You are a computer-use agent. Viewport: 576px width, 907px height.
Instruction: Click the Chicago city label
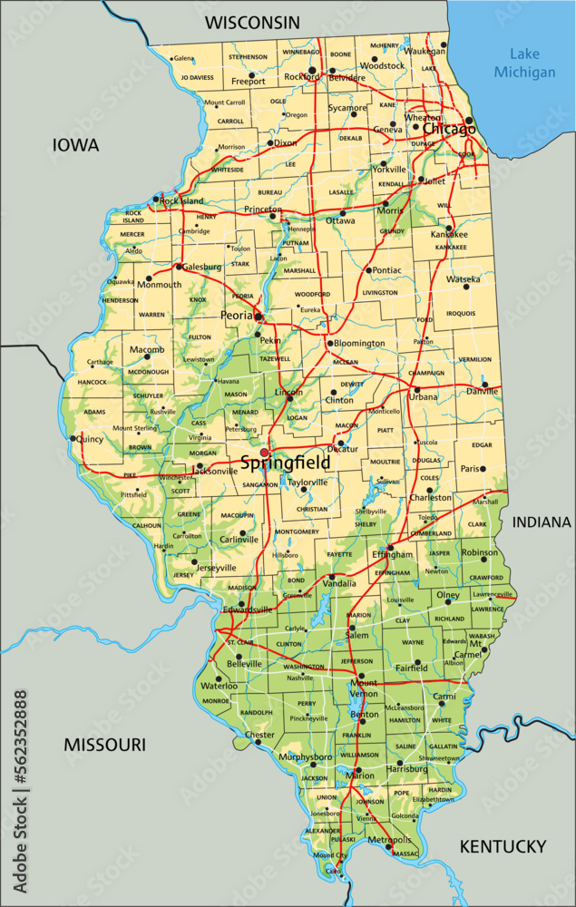point(448,130)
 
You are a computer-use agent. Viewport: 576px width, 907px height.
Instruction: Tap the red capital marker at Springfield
point(265,452)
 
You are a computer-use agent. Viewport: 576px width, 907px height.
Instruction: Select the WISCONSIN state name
point(251,21)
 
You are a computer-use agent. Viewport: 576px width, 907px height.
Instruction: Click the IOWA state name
point(75,145)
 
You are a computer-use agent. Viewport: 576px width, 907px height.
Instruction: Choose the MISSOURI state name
point(104,745)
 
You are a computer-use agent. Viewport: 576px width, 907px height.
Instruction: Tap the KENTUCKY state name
point(503,846)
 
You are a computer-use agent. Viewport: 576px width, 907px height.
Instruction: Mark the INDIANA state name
point(542,522)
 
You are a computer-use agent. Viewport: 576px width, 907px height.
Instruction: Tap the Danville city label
point(482,391)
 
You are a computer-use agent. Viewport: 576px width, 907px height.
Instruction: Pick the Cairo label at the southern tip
point(334,871)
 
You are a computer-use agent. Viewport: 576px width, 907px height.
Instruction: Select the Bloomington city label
point(360,344)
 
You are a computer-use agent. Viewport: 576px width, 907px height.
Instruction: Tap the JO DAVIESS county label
point(198,78)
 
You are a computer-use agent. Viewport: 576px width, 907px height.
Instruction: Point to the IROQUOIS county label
point(461,313)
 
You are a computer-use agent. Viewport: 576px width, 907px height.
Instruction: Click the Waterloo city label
point(219,686)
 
